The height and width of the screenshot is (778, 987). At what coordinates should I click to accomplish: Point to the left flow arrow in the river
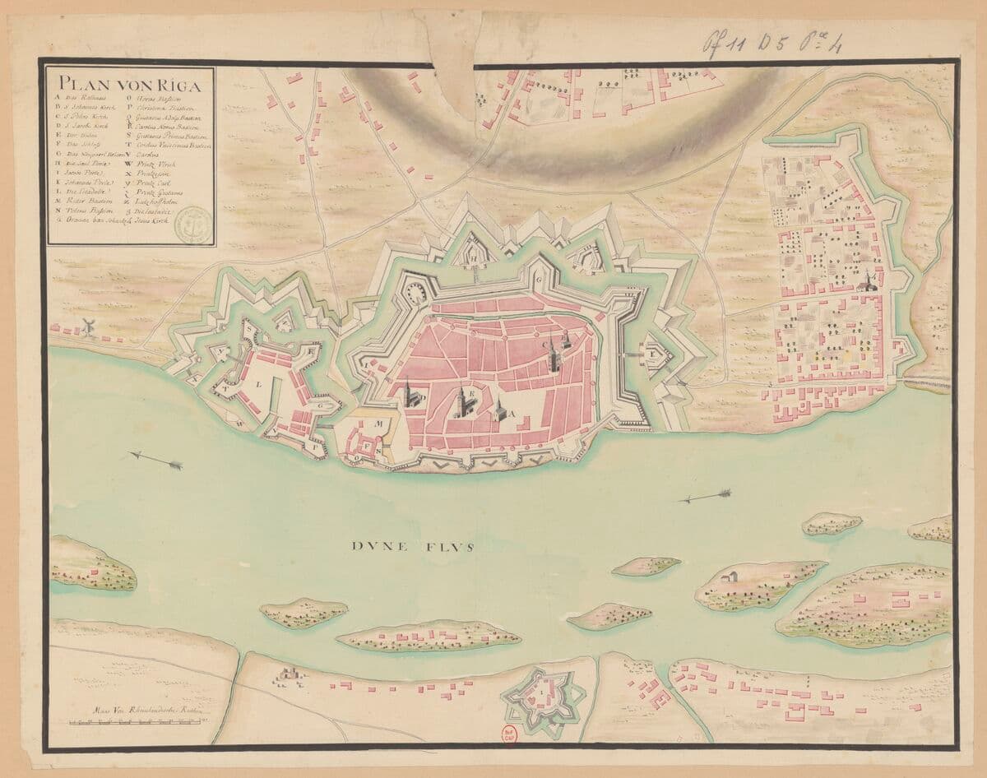156,461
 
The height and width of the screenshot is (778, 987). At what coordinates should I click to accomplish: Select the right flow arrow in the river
705,496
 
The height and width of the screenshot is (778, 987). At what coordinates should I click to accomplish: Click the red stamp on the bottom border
510,734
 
